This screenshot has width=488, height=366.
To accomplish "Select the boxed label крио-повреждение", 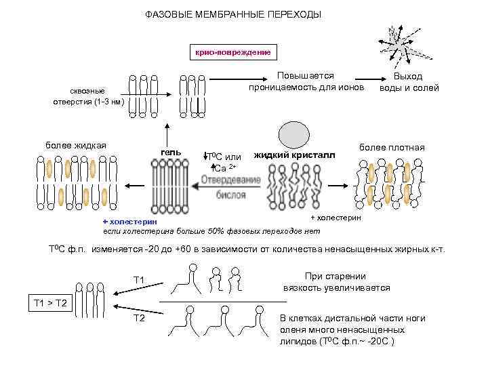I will pyautogui.click(x=232, y=52).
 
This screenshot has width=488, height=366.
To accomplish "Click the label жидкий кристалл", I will pyautogui.click(x=294, y=155).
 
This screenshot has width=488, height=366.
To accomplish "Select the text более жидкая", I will pyautogui.click(x=75, y=146).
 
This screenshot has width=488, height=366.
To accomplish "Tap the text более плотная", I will pyautogui.click(x=392, y=148).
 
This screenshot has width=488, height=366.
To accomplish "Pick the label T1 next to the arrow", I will pyautogui.click(x=139, y=280).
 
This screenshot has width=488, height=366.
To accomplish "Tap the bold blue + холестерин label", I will pyautogui.click(x=129, y=221).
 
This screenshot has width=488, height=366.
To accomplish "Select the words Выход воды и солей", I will pyautogui.click(x=409, y=82).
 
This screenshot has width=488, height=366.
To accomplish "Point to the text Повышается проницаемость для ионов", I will pyautogui.click(x=306, y=81).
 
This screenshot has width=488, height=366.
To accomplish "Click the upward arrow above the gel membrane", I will pyautogui.click(x=165, y=133).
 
